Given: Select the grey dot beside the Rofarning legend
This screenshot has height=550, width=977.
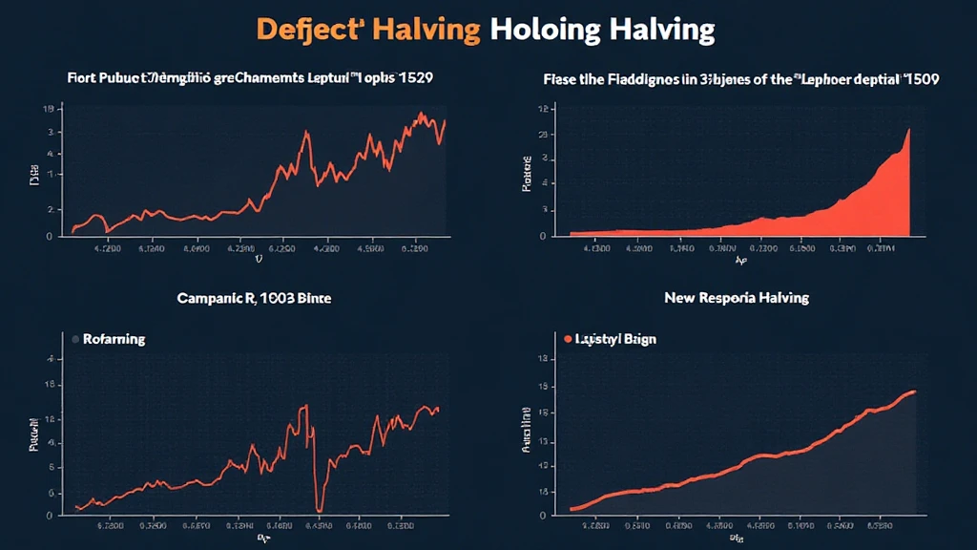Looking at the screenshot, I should (x=73, y=339).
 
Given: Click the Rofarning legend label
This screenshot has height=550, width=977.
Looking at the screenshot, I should (x=114, y=339).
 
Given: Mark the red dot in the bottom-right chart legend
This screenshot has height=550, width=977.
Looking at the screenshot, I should (x=568, y=339).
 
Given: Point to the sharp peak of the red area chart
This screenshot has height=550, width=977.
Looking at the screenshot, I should (x=908, y=130).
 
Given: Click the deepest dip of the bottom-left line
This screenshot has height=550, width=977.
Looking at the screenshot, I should (x=320, y=509).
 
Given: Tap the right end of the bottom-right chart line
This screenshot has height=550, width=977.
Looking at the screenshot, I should (x=915, y=391).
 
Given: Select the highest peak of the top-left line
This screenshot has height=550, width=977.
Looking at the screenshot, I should (x=421, y=114).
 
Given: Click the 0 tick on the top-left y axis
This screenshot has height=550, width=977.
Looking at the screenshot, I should (x=49, y=236).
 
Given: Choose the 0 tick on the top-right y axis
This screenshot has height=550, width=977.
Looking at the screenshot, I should (x=541, y=236).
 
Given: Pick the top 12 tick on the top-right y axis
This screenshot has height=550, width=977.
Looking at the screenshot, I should (x=541, y=110).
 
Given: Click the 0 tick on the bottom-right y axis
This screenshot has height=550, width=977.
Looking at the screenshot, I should (x=541, y=516).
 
